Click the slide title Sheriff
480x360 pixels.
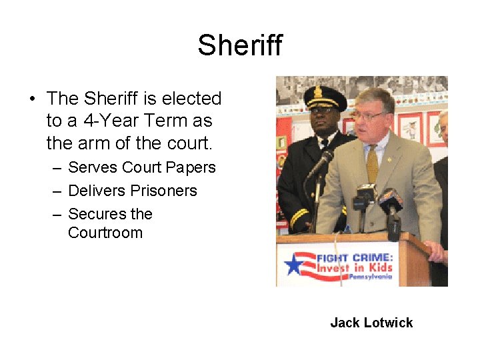click(x=240, y=45)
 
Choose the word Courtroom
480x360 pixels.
click(x=105, y=233)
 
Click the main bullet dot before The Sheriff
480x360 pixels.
click(x=32, y=99)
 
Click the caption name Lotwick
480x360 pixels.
click(x=389, y=323)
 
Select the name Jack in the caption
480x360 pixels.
click(x=345, y=323)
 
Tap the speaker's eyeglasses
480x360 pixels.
click(x=372, y=116)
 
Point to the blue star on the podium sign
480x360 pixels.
click(x=294, y=264)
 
